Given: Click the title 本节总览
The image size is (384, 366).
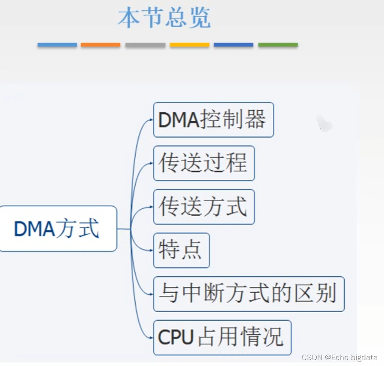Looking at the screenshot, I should tap(164, 19).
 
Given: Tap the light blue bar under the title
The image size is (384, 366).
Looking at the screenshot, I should tap(57, 45).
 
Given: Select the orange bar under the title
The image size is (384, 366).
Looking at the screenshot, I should tap(100, 45).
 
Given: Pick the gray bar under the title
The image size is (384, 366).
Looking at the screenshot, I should tap(145, 45).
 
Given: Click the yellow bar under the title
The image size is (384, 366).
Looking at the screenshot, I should tap(190, 45).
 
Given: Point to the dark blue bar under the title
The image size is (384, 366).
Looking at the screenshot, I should tap(233, 45).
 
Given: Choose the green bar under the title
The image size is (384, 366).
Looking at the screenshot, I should tap(278, 45).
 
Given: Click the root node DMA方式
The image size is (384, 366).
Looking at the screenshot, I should tap(58, 229).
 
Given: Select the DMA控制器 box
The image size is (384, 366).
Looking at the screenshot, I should tap(213, 120).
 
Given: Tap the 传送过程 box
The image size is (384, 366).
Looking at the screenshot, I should tap(204, 163).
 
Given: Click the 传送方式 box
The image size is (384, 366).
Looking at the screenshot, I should tap(204, 207).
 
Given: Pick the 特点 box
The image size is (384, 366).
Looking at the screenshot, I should tap(181, 250).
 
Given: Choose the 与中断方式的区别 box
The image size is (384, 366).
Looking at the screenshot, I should tap(249, 294).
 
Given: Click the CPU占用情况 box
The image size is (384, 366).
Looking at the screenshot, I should tap(222, 337).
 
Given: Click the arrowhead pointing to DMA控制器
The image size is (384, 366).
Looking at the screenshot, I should tap(151, 120).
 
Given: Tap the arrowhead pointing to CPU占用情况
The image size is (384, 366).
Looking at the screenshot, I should tap(151, 337).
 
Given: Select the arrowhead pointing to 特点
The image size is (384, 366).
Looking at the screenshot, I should tap(151, 250).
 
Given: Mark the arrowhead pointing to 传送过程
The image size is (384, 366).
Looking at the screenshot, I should tap(151, 163).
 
